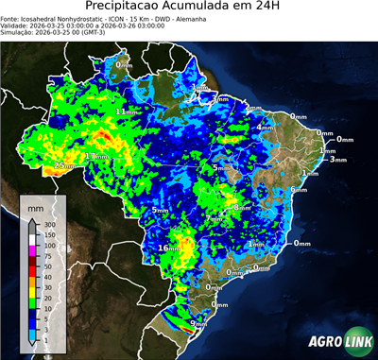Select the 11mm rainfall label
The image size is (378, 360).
click(125, 111)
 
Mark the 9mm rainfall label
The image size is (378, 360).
click(199, 324)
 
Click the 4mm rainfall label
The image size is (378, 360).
click(266, 127)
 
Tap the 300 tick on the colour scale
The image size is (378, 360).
click(50, 225)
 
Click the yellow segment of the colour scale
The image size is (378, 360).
click(32, 293)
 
